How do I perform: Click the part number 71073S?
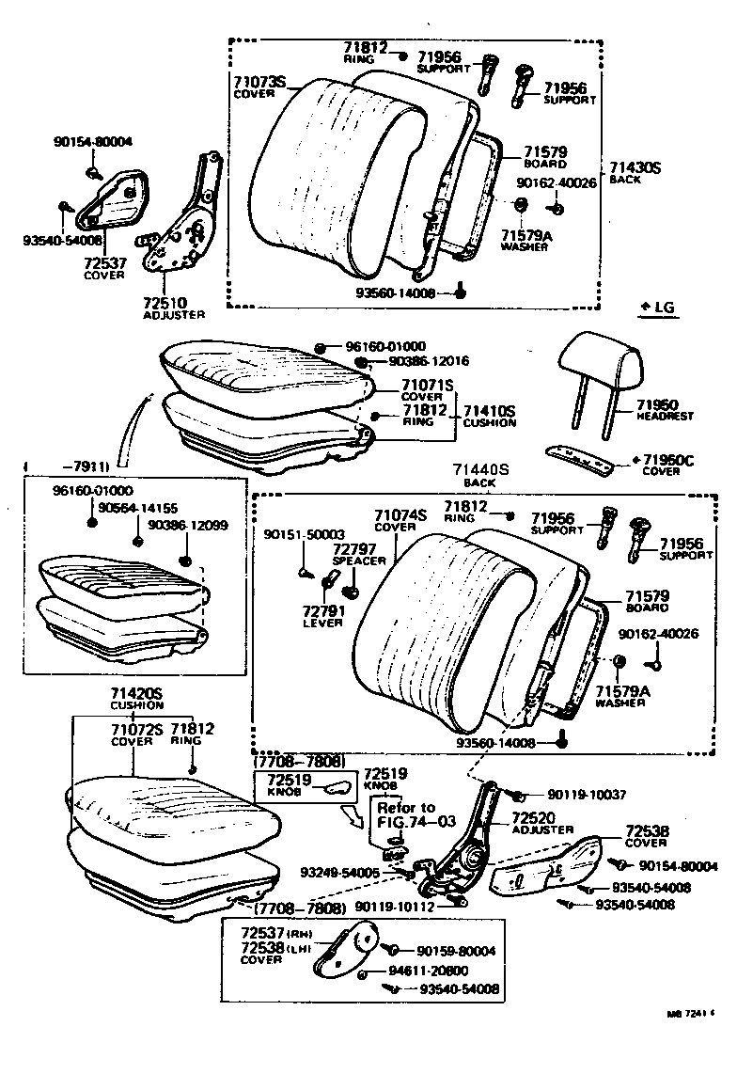click(x=259, y=82)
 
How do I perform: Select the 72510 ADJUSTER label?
click(x=173, y=308)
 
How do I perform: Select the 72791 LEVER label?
click(x=322, y=616)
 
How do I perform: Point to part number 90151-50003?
click(x=304, y=533)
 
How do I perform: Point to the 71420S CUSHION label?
click(x=137, y=698)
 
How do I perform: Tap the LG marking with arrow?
click(x=658, y=308)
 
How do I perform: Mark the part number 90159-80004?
click(x=456, y=951)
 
